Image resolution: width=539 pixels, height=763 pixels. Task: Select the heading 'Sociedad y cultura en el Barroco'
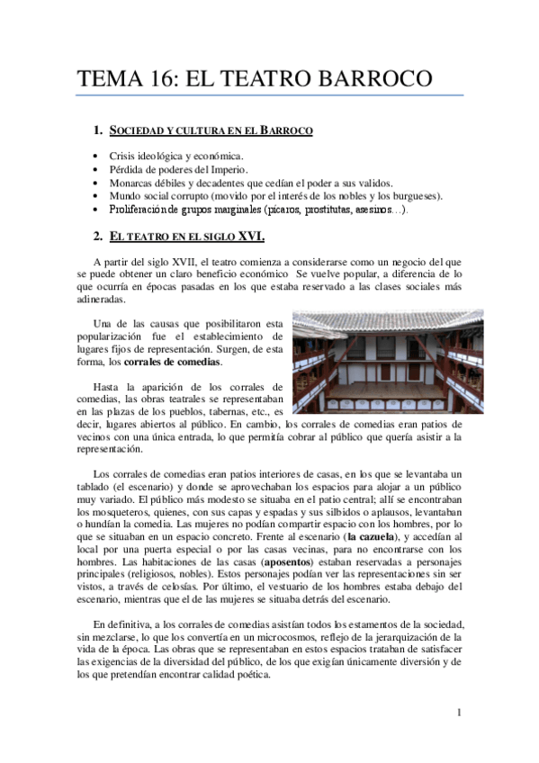pyautogui.click(x=211, y=131)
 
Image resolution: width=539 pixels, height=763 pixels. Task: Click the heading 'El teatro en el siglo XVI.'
pyautogui.click(x=186, y=237)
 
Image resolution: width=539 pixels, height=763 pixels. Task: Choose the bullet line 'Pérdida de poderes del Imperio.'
pyautogui.click(x=178, y=169)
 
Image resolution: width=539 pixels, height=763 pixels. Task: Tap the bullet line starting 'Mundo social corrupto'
pyautogui.click(x=276, y=195)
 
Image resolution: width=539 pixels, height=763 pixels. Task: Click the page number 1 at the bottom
pyautogui.click(x=458, y=713)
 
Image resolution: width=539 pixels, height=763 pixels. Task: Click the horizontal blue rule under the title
pyautogui.click(x=270, y=95)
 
